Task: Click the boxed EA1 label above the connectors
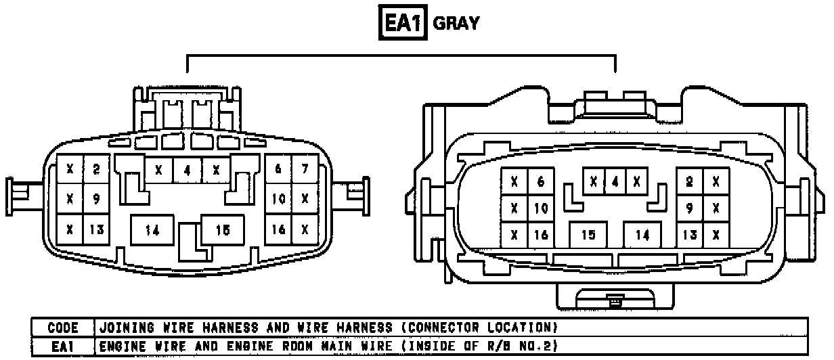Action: (x=403, y=24)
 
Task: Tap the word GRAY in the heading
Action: (x=456, y=24)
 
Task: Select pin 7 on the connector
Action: (x=305, y=168)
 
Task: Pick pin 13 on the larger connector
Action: (x=690, y=235)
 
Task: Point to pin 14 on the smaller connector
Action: (x=152, y=230)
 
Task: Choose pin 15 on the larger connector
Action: (x=588, y=235)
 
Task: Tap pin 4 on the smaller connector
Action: (x=188, y=170)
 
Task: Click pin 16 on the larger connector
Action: (x=540, y=235)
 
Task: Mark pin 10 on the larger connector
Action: (x=540, y=208)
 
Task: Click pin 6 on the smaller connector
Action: (x=278, y=168)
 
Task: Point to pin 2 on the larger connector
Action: (x=690, y=181)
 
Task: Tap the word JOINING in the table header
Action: (x=125, y=328)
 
